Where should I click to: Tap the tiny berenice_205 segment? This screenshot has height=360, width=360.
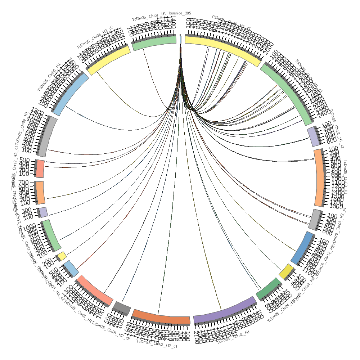click(x=180, y=39)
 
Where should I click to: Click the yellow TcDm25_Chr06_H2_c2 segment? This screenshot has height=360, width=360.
click(x=109, y=60)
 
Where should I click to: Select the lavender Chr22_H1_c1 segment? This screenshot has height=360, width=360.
click(x=314, y=137)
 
